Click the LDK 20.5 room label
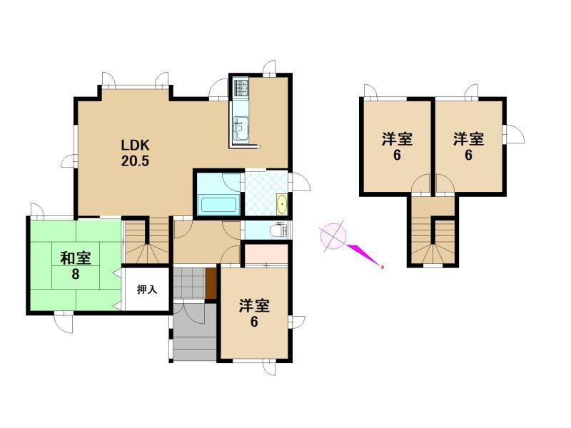135,153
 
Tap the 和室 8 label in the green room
76,266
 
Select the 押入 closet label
147,290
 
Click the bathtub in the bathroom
218,205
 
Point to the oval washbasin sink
282,205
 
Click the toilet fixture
280,230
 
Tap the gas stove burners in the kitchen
241,88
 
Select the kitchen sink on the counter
241,128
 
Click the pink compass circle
333,235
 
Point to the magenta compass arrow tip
382,267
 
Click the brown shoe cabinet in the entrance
211,283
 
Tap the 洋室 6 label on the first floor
254,314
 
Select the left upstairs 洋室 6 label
397,146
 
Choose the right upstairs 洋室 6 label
468,146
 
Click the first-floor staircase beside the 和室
147,240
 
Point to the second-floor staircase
433,240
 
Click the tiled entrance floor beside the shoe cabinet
189,283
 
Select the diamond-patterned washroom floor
266,193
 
